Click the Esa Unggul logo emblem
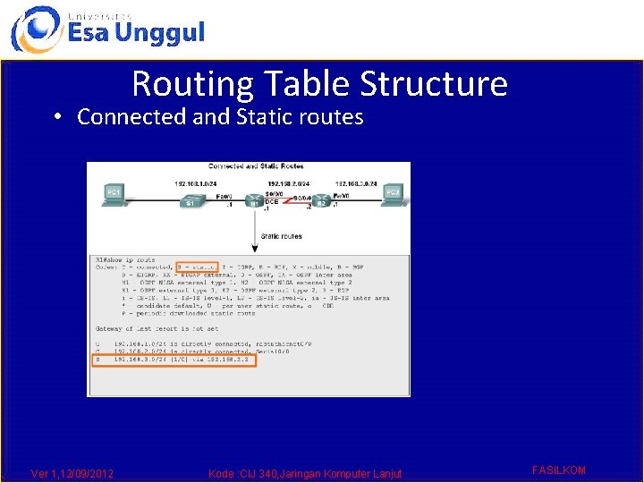pos(36,29)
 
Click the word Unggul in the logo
pos(162,34)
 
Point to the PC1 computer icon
pos(114,193)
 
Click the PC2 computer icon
pos(392,193)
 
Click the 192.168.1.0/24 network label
pos(194,183)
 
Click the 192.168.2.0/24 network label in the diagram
pos(289,183)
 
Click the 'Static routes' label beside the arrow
pos(281,237)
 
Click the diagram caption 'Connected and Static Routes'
pos(255,166)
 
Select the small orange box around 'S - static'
pos(197,267)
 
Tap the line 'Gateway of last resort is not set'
pos(157,329)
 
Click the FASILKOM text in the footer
pos(558,470)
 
